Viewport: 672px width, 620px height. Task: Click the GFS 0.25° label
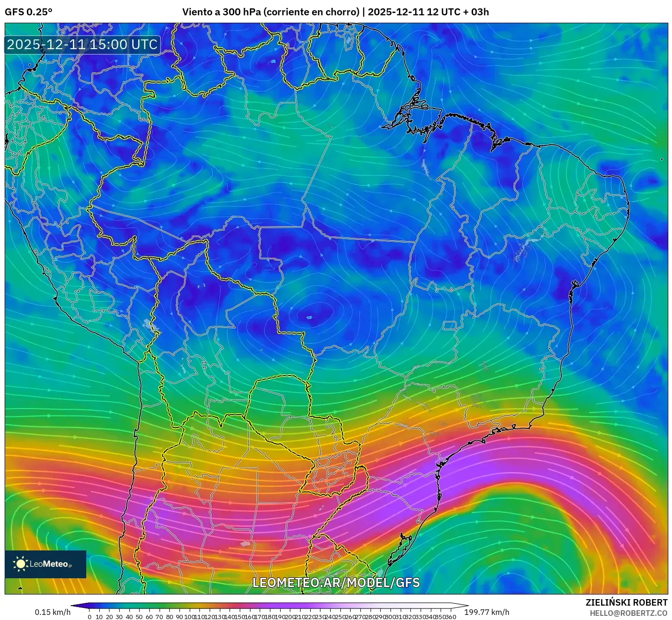[28, 12]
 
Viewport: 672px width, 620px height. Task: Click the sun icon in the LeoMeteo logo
[20, 564]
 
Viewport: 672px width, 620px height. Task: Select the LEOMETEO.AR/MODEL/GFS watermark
[336, 582]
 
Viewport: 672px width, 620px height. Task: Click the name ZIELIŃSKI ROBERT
[627, 603]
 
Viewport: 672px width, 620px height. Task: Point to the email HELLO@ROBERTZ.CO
[628, 613]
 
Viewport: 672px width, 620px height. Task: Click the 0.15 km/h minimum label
[52, 612]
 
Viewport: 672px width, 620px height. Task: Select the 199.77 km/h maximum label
[487, 612]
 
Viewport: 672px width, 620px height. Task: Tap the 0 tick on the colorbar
[90, 617]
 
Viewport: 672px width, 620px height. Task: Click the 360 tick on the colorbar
[450, 617]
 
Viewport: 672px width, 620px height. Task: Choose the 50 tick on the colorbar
[139, 617]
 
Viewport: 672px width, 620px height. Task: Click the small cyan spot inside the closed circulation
[309, 318]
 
